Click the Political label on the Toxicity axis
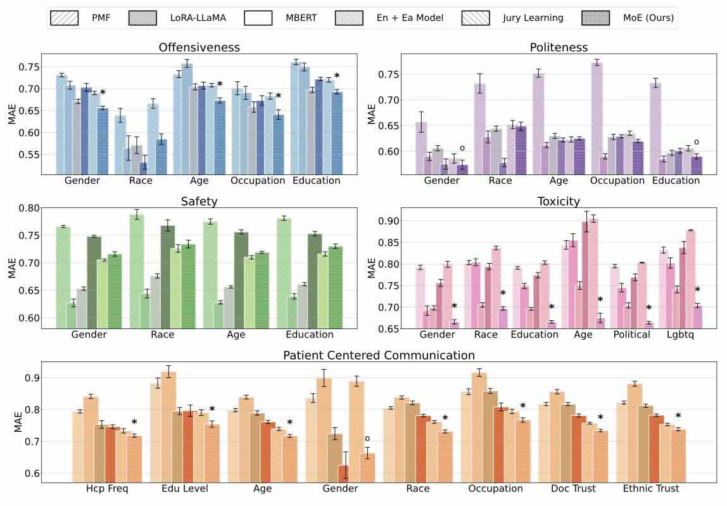click(633, 334)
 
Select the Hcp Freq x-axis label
click(108, 488)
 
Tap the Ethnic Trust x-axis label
click(651, 488)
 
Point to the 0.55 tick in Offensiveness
click(31, 155)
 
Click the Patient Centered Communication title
click(379, 355)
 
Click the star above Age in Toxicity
click(600, 300)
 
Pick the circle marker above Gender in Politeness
click(462, 148)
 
